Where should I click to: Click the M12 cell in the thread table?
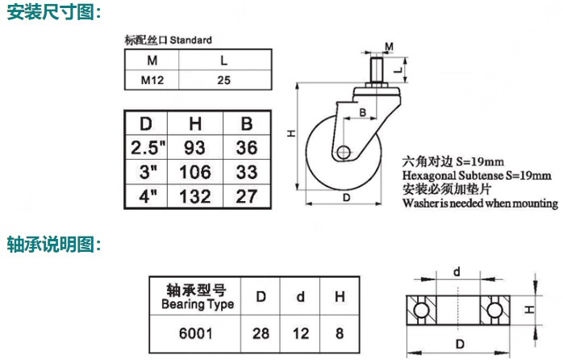[150, 81]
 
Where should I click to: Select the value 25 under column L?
[224, 81]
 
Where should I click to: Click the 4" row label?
[147, 196]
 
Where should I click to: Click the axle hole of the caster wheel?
[344, 152]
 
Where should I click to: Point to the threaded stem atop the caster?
[377, 69]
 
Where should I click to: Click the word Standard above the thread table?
[191, 40]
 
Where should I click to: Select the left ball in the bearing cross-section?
[419, 310]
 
